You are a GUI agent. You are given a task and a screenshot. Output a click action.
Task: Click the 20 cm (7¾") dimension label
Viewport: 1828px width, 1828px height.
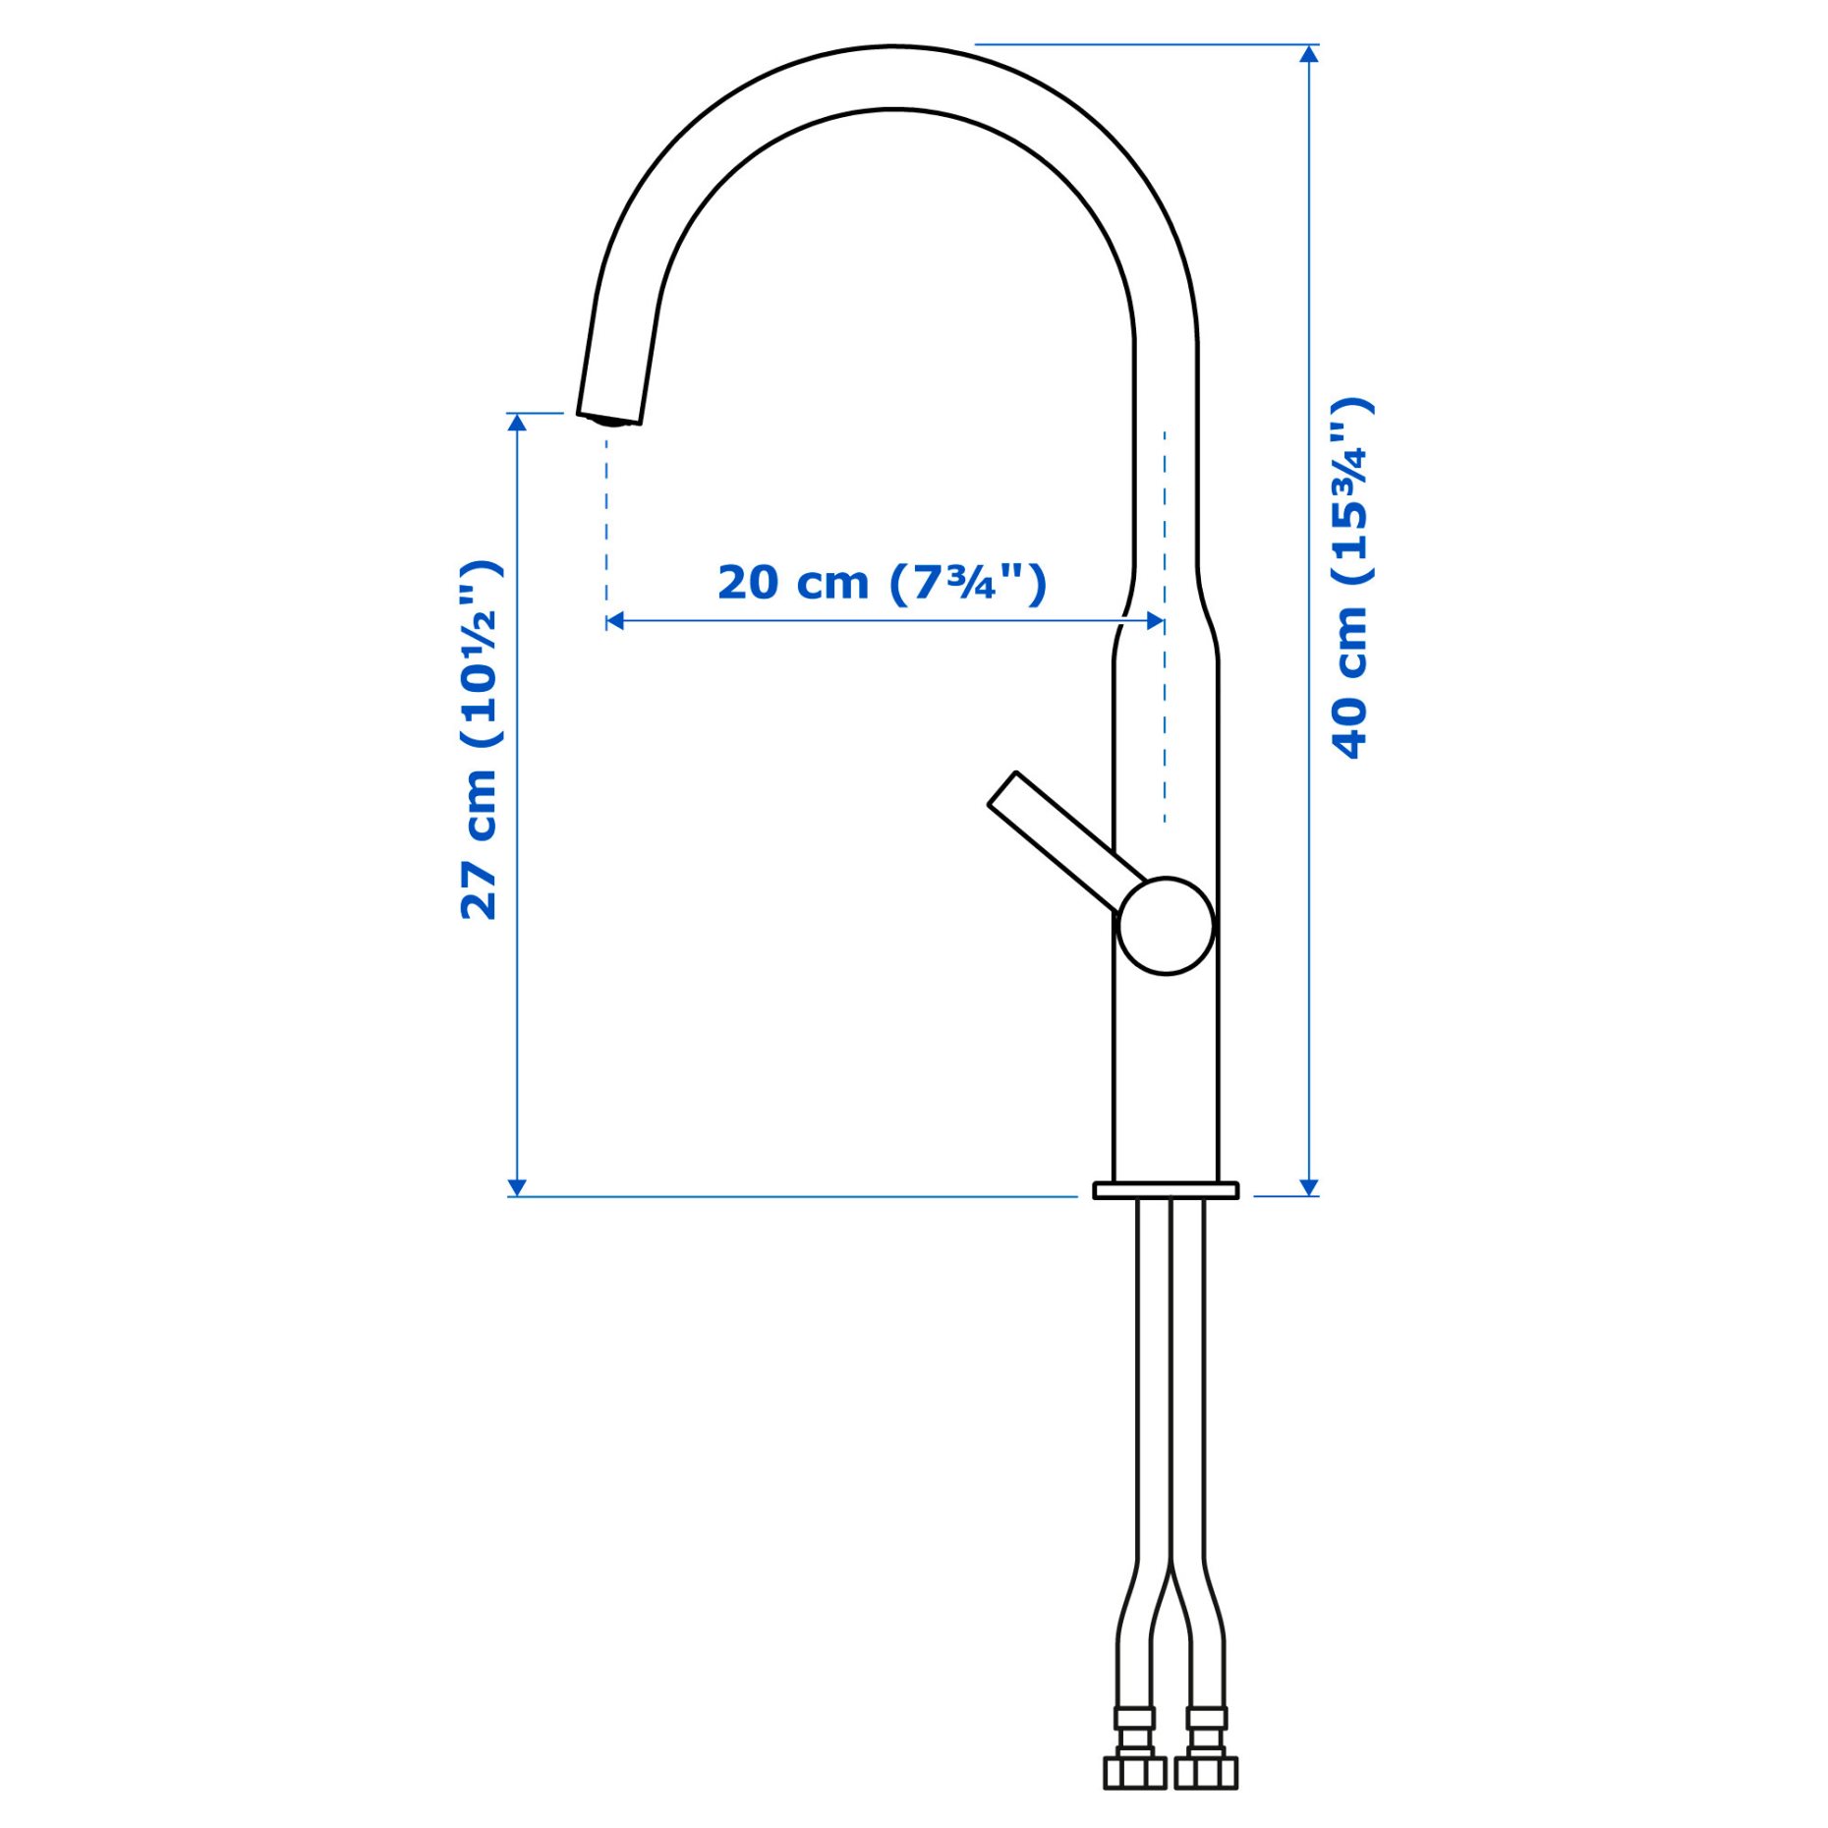pyautogui.click(x=882, y=583)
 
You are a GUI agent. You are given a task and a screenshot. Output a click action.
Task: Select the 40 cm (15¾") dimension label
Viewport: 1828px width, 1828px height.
pyautogui.click(x=1351, y=579)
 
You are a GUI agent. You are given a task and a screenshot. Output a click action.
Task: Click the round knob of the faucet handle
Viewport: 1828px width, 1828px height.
pyautogui.click(x=1166, y=926)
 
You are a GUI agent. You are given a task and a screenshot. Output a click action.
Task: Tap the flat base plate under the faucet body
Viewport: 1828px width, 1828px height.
pyautogui.click(x=1166, y=1191)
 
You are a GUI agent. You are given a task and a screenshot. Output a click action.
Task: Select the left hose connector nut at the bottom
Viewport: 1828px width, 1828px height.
pyautogui.click(x=1135, y=1770)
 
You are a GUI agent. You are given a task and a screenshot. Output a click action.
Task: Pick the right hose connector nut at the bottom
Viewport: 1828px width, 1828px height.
pyautogui.click(x=1206, y=1770)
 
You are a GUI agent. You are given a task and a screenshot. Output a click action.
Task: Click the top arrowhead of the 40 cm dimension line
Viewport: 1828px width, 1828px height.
pyautogui.click(x=1308, y=54)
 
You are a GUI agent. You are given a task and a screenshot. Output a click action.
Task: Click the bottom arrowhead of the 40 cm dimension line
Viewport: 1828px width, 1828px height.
pyautogui.click(x=1308, y=1187)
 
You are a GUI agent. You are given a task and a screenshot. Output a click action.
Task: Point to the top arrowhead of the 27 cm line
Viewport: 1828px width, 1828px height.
pyautogui.click(x=517, y=422)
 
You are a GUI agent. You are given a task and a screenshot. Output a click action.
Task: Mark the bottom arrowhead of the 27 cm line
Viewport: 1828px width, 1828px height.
pyautogui.click(x=517, y=1187)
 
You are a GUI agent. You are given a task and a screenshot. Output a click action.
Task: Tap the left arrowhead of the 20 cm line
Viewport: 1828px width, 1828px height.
pyautogui.click(x=615, y=620)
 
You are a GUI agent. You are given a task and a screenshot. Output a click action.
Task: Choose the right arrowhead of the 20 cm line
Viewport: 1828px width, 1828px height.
pyautogui.click(x=1156, y=620)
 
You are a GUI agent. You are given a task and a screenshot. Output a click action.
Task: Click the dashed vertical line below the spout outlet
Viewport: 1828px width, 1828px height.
pyautogui.click(x=606, y=521)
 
